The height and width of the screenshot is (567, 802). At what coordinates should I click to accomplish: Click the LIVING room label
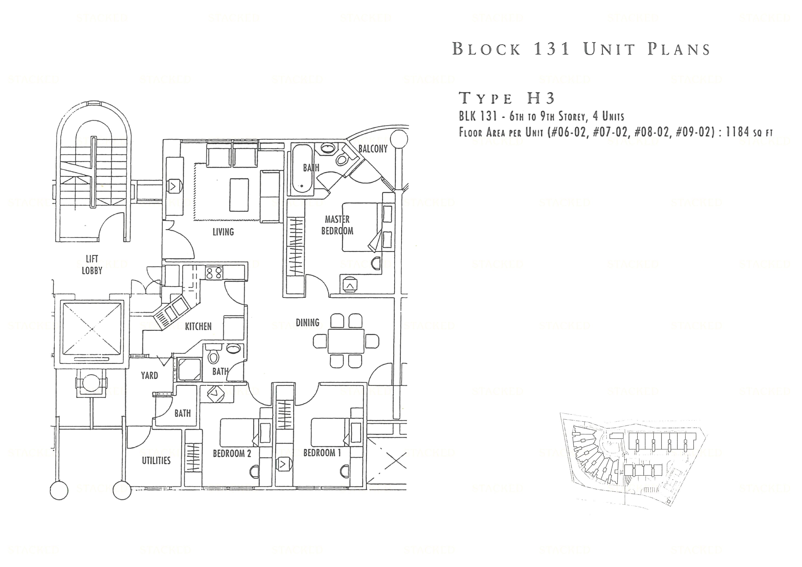(223, 232)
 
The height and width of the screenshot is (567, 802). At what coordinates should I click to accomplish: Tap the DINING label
(307, 322)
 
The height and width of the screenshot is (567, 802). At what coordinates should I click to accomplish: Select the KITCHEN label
(198, 326)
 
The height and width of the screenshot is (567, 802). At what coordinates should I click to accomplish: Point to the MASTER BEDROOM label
(337, 225)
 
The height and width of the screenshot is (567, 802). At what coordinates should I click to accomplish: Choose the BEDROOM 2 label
(232, 453)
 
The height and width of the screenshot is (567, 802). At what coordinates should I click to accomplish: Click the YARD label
(150, 376)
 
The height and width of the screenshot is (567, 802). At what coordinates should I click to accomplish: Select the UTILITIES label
(156, 460)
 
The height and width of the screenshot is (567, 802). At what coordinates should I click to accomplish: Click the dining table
(346, 341)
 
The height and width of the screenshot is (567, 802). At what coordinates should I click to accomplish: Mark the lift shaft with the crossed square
(92, 329)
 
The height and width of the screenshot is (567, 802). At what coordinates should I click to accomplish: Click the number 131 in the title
(552, 49)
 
